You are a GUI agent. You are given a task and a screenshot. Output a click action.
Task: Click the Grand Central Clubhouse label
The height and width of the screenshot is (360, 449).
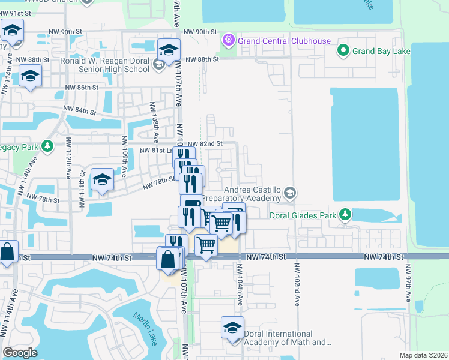284,41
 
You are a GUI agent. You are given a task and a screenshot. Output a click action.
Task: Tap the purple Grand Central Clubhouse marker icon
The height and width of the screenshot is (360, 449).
228,41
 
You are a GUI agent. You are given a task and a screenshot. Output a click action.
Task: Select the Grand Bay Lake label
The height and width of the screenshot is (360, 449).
381,51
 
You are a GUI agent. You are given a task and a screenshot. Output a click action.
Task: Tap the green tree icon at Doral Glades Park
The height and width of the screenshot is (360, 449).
345,214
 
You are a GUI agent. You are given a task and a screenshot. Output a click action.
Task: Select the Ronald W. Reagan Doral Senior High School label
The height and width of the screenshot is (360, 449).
105,65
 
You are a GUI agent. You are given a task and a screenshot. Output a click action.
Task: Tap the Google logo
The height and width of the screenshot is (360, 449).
20,352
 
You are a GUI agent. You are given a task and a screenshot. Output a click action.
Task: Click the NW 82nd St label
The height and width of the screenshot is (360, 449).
205,144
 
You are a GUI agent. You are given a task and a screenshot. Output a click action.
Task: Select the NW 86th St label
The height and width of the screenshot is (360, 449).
82,88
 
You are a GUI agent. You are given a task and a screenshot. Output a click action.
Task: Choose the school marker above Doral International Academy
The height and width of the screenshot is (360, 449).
232,328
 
